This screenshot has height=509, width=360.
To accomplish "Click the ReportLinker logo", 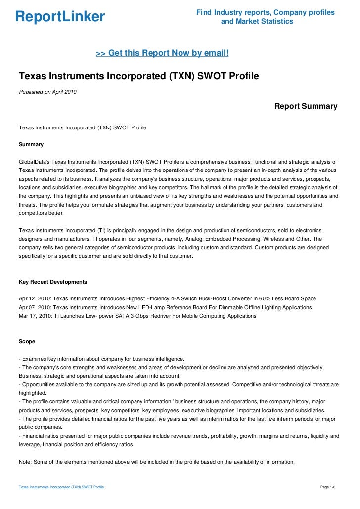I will (x=60, y=17).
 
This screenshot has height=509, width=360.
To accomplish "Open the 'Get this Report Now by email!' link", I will (x=162, y=53).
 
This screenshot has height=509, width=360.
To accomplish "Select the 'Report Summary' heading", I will (x=306, y=106).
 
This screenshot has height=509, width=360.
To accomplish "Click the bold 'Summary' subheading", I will (x=31, y=145).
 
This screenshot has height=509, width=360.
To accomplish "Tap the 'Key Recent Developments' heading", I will (x=53, y=282).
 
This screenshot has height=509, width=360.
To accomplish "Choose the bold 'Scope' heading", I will (x=27, y=341).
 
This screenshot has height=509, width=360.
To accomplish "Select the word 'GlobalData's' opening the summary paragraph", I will (x=34, y=162).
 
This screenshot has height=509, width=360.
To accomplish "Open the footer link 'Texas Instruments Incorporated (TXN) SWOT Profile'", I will (x=61, y=487).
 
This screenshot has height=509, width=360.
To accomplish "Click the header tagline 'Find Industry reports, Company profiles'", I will (x=266, y=12).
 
